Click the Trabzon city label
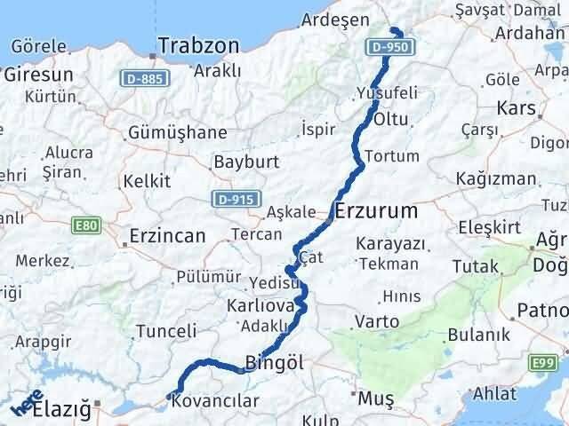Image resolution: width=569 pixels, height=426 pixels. point(199,45)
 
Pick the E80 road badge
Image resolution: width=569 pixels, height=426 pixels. point(85,226)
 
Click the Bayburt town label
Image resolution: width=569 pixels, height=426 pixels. point(246,162)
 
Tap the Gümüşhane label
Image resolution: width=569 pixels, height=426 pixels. point(177,131)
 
